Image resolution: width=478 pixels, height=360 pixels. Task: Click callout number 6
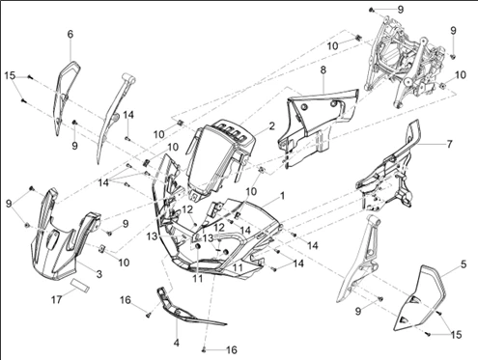point(70,34)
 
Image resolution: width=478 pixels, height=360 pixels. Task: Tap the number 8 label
point(323,70)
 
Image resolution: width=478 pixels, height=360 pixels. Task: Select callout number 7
point(449,144)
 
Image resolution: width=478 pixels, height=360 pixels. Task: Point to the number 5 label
point(464,264)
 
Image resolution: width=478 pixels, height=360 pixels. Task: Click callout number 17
point(57,300)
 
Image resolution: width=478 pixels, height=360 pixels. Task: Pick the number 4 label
point(177,343)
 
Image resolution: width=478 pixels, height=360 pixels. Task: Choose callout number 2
point(272,126)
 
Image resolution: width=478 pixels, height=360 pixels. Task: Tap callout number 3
point(99,274)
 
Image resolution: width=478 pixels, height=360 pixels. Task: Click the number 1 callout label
point(282,196)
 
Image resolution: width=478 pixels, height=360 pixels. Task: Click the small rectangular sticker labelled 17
point(80,286)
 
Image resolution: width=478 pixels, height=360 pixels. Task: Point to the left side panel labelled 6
point(66,97)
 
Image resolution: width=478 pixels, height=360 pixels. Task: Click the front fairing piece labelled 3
point(63,239)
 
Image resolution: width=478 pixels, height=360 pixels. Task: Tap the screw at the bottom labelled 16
point(204,349)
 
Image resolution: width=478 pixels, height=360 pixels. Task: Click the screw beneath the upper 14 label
point(127,139)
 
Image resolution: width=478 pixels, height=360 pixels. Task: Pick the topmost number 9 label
point(401,10)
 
